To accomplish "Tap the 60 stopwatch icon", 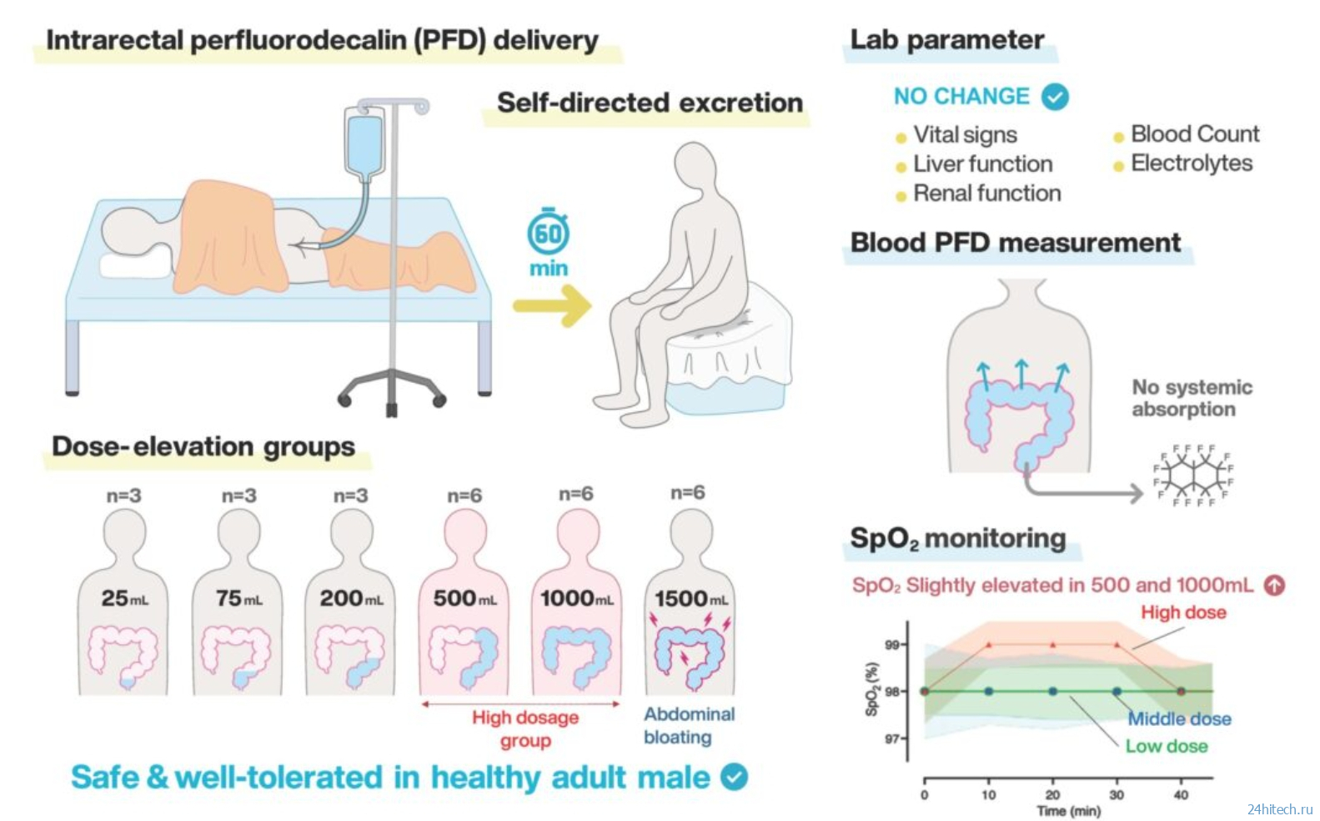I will (548, 234).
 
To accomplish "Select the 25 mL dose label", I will (124, 598).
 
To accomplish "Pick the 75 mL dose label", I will (238, 598).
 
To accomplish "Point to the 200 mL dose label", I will (351, 598).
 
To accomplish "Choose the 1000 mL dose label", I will (576, 598).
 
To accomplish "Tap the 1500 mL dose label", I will (690, 598).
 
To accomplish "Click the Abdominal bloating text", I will (689, 725).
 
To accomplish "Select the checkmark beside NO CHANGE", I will (1055, 97).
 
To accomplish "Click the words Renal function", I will (986, 194).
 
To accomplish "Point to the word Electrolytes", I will (1191, 164).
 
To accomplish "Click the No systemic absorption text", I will (1191, 398).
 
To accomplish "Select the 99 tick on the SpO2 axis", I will (891, 645).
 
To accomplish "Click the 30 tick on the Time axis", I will (1117, 794).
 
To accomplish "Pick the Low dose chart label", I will (1166, 746).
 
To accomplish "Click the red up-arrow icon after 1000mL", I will (1274, 585).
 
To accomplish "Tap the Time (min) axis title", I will (1068, 811).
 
